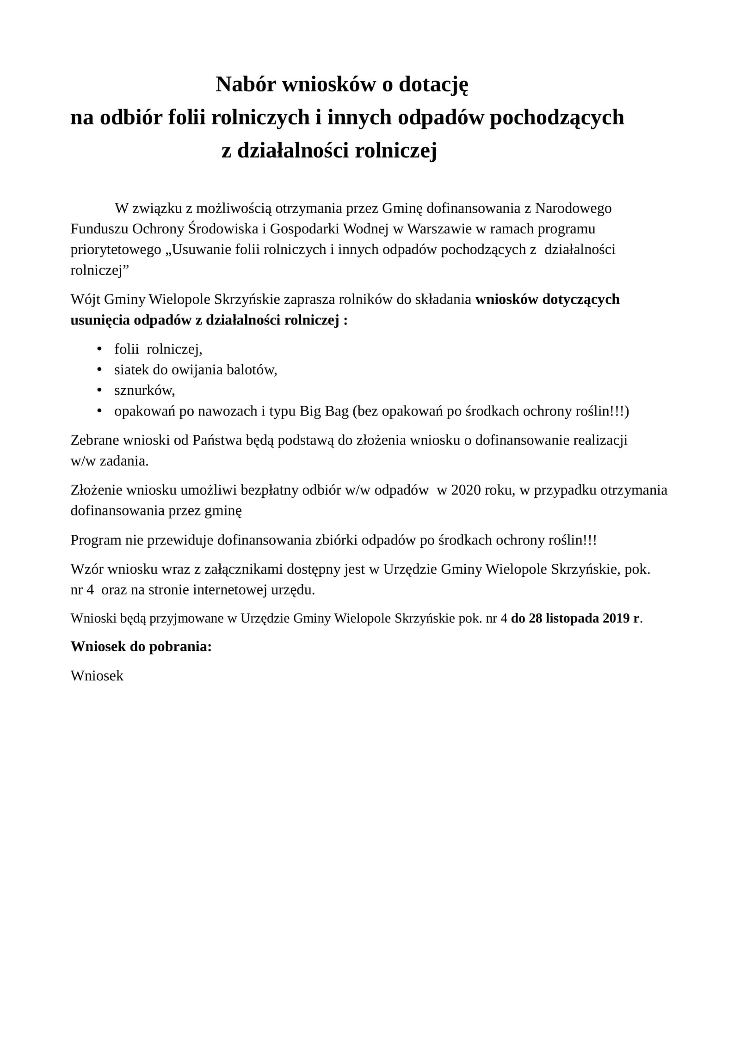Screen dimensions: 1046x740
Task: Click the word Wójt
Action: [85, 300]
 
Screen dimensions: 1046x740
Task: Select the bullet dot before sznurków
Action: [99, 391]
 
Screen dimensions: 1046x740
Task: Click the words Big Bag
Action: [324, 411]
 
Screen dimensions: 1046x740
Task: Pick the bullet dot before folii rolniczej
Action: [99, 349]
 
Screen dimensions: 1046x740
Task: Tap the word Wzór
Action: [86, 569]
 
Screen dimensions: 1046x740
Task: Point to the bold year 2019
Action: [616, 618]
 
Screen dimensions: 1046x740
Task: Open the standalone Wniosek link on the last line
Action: [97, 676]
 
